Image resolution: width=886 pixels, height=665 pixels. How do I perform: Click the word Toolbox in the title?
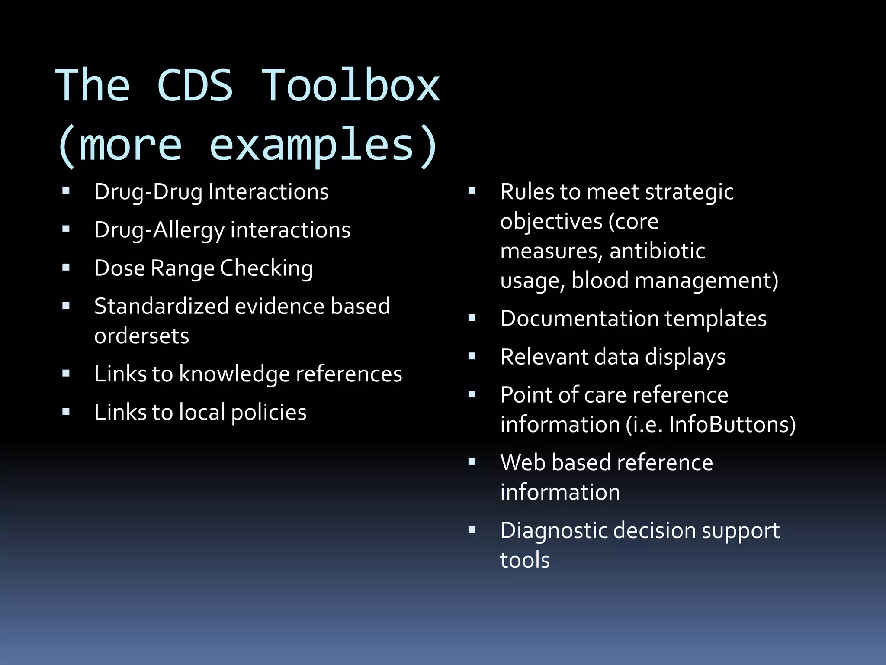[351, 86]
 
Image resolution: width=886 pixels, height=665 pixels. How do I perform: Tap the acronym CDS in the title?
[195, 86]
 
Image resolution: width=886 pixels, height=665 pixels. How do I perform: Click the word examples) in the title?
[324, 146]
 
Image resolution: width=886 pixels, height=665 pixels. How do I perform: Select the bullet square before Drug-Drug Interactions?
[66, 191]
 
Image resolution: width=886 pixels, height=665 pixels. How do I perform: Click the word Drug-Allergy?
[159, 230]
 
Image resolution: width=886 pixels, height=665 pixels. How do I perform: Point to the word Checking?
[266, 268]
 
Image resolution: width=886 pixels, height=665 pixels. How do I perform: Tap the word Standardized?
[161, 306]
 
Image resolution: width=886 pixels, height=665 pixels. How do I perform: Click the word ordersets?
[141, 336]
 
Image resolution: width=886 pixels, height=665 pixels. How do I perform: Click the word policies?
[269, 412]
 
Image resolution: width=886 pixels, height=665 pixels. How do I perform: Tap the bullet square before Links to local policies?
[66, 412]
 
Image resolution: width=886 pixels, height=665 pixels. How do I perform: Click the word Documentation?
[579, 319]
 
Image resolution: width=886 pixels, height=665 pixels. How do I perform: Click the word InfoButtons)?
[732, 424]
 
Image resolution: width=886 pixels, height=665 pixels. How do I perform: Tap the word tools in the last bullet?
[525, 560]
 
